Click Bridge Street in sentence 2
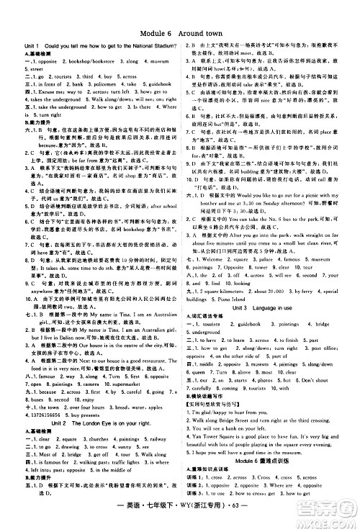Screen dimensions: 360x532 [x=240, y=416]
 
